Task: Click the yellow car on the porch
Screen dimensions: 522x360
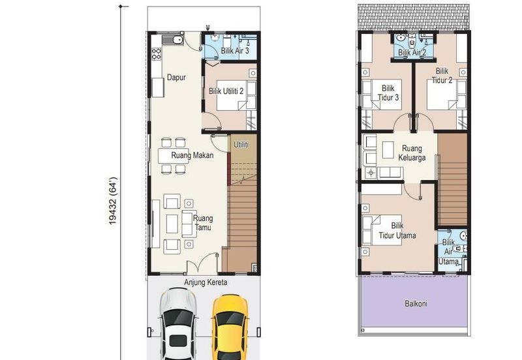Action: click(x=230, y=327)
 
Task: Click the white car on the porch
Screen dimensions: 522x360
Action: click(x=177, y=324)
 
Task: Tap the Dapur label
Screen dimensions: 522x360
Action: click(x=176, y=78)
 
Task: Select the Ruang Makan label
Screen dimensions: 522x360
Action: click(x=192, y=155)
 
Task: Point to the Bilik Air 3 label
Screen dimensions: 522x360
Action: click(x=235, y=51)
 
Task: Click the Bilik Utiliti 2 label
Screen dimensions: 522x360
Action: click(x=226, y=91)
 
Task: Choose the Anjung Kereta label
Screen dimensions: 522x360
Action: click(x=206, y=282)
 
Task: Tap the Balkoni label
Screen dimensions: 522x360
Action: click(x=416, y=303)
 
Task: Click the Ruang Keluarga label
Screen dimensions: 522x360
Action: click(x=412, y=153)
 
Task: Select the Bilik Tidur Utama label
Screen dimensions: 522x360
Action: click(x=397, y=231)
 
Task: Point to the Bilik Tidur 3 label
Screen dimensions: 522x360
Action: click(x=388, y=93)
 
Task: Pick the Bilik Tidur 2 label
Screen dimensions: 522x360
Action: click(x=442, y=76)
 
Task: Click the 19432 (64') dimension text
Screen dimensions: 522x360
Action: click(x=113, y=201)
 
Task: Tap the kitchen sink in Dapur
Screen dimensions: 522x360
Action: click(x=172, y=40)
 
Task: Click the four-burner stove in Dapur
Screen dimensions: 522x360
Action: click(x=157, y=54)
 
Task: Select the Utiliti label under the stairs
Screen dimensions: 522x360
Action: click(x=241, y=145)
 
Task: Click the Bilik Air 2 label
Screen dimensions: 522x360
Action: click(x=412, y=53)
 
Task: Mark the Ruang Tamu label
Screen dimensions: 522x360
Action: click(x=203, y=223)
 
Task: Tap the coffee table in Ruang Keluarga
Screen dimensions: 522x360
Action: click(x=388, y=150)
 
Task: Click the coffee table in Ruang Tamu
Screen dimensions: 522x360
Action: click(x=172, y=224)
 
